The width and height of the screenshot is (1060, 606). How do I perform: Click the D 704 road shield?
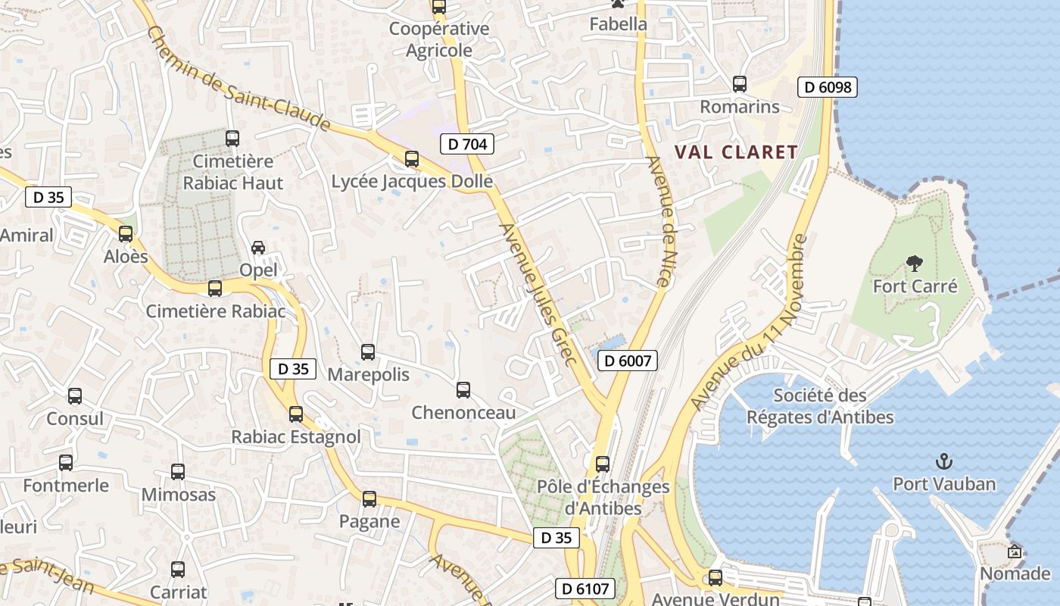pyautogui.click(x=467, y=144)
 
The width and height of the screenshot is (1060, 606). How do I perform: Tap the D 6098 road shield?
pyautogui.click(x=828, y=87)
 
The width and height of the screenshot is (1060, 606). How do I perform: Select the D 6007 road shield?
pyautogui.click(x=628, y=361)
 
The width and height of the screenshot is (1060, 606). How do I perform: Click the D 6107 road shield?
pyautogui.click(x=585, y=588)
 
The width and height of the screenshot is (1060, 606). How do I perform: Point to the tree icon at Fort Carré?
pyautogui.click(x=915, y=264)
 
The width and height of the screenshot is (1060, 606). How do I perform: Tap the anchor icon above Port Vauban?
pyautogui.click(x=944, y=461)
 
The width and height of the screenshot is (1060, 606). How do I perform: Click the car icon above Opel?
pyautogui.click(x=258, y=248)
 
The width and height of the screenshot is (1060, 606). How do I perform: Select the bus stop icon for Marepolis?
pyautogui.click(x=368, y=352)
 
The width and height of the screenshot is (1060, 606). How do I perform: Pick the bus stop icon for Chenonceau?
pyautogui.click(x=463, y=390)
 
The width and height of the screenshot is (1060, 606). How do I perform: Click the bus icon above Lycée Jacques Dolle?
pyautogui.click(x=412, y=159)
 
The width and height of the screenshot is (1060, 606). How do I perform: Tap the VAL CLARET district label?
pyautogui.click(x=736, y=152)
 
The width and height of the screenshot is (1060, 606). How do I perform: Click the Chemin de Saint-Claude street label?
pyautogui.click(x=238, y=78)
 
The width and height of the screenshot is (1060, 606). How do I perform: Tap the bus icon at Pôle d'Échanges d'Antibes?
pyautogui.click(x=603, y=464)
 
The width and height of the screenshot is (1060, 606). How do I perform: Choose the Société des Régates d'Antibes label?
pyautogui.click(x=820, y=406)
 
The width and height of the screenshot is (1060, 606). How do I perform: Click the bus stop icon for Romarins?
pyautogui.click(x=740, y=84)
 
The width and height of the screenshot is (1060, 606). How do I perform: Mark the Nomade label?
pyautogui.click(x=1015, y=573)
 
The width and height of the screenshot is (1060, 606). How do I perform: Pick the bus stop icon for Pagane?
pyautogui.click(x=369, y=499)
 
